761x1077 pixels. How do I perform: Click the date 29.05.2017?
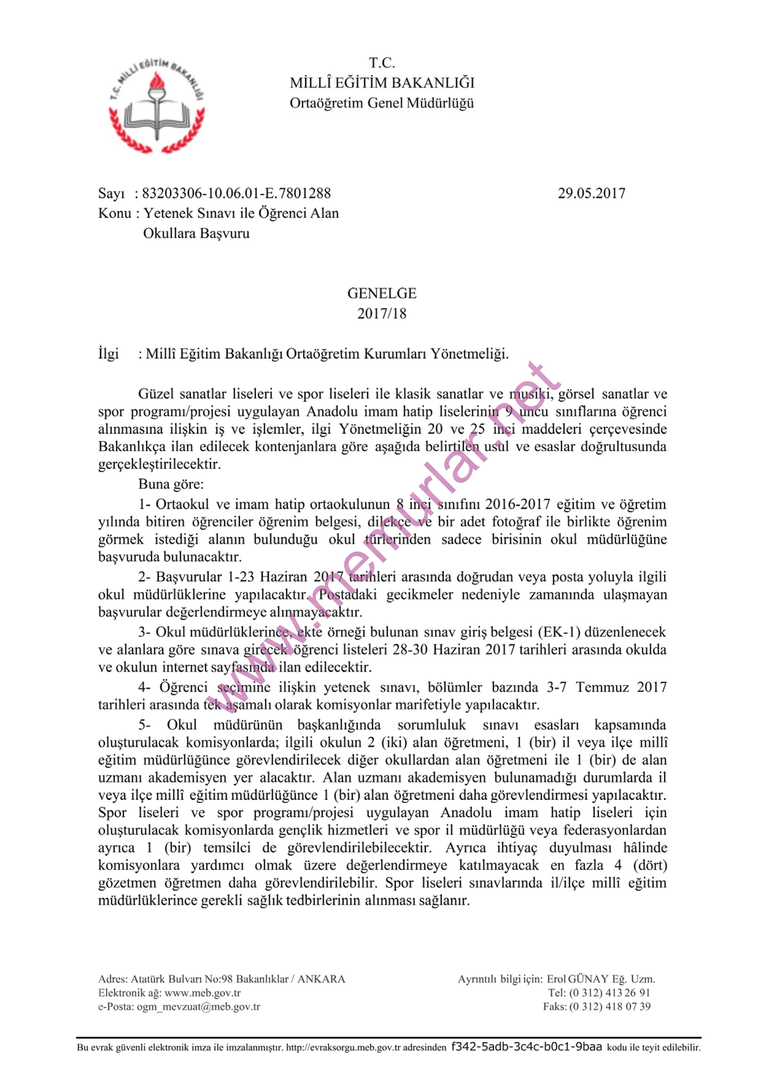(591, 193)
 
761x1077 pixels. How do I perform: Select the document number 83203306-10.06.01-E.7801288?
(236, 193)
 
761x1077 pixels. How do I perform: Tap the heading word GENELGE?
(382, 294)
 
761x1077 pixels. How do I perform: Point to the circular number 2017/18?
(382, 313)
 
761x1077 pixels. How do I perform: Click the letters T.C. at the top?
(382, 63)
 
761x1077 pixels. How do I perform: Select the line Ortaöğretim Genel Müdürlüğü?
(382, 103)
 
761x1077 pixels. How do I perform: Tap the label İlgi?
(108, 354)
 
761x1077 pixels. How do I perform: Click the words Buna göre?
(171, 484)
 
